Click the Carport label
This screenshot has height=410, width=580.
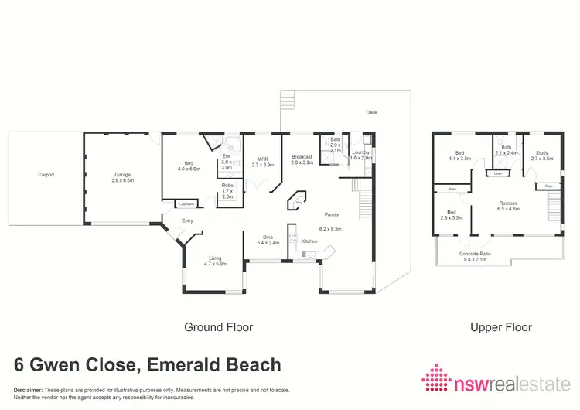(46, 175)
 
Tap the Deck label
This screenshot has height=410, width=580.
(372, 113)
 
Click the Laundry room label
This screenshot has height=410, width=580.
(361, 155)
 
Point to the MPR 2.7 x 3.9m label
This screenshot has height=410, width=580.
(264, 162)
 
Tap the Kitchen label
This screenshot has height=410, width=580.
(309, 241)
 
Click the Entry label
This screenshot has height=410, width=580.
(187, 221)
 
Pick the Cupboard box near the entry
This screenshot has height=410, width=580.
(186, 204)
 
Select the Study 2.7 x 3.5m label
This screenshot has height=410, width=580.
(544, 155)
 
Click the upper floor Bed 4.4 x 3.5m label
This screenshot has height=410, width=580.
(461, 155)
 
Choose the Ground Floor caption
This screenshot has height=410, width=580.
(218, 327)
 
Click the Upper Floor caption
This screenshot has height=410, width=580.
(501, 327)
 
